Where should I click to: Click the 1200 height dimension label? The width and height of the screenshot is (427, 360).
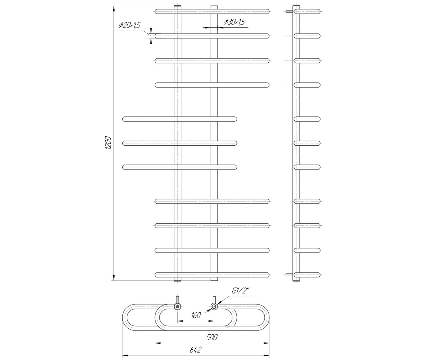click(109, 143)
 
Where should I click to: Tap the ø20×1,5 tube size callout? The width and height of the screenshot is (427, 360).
click(130, 25)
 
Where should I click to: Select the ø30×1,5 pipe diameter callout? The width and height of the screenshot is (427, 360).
click(234, 22)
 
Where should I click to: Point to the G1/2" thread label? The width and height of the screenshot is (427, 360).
click(241, 291)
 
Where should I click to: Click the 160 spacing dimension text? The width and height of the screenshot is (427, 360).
click(196, 315)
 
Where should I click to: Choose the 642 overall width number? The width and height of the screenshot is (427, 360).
click(195, 350)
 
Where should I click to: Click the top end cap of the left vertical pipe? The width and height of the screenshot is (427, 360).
click(177, 7)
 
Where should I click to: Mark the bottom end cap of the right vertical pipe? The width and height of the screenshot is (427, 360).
click(214, 280)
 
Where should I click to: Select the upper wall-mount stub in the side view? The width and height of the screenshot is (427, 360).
click(289, 11)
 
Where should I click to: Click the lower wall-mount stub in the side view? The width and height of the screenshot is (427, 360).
click(289, 275)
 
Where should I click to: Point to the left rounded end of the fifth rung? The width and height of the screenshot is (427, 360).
click(125, 119)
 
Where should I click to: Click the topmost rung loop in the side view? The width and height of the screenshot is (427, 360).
click(308, 11)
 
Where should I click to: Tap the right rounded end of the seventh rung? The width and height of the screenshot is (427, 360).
click(234, 167)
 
